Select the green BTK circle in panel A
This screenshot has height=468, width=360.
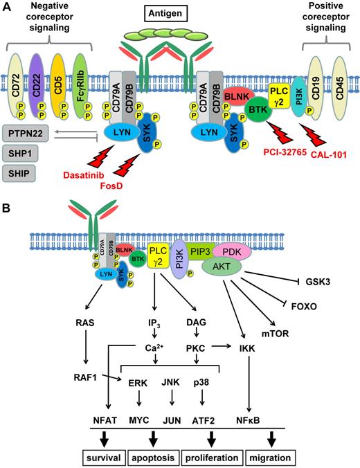coord(260,118)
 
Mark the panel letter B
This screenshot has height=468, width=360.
coord(8,206)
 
